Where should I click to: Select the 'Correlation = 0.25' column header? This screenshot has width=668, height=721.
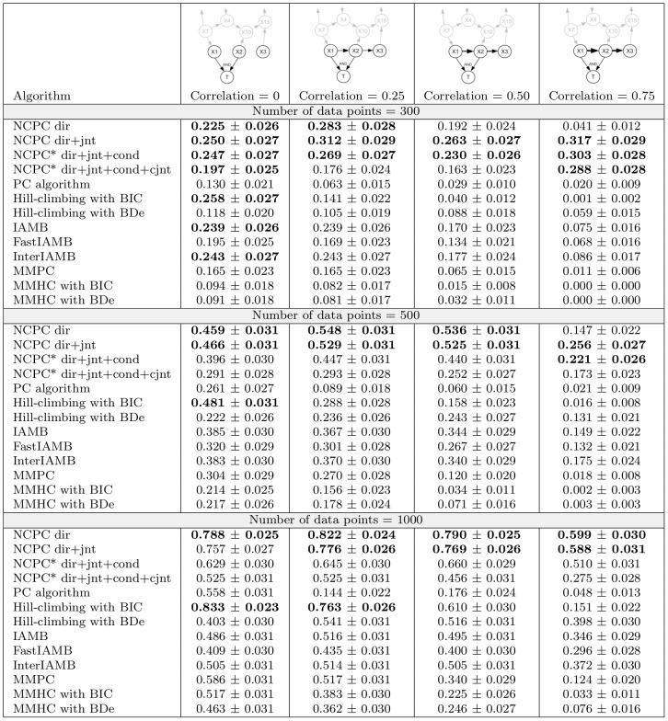[351, 95]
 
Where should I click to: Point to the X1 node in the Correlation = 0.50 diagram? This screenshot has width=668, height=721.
[455, 51]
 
